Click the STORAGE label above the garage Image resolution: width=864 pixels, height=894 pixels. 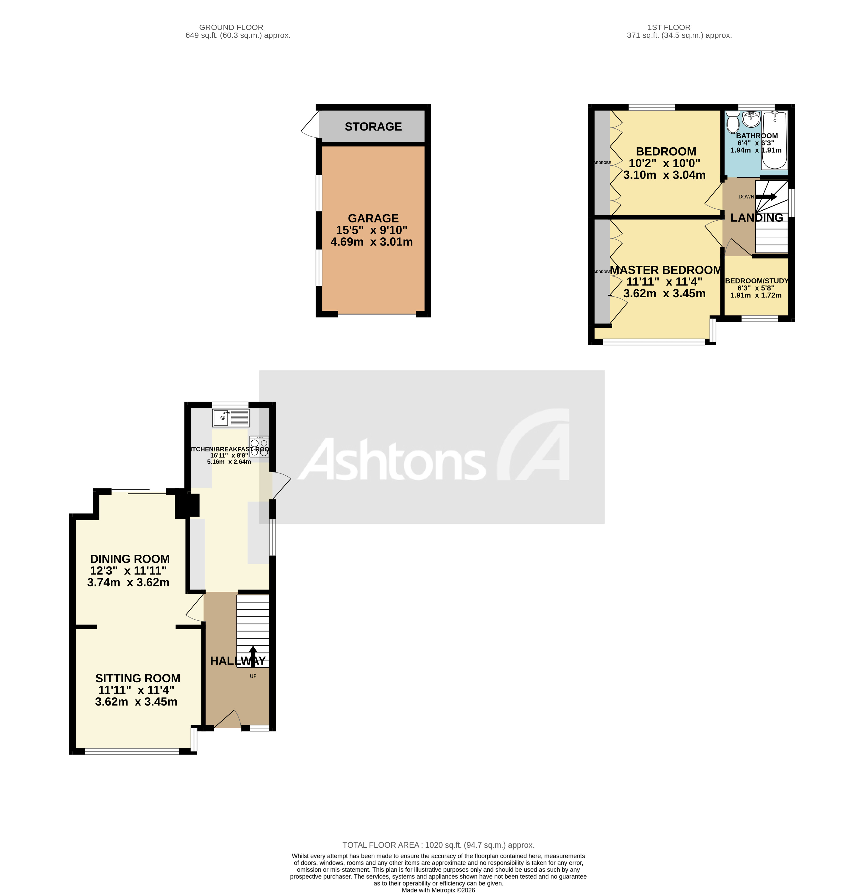click(x=373, y=127)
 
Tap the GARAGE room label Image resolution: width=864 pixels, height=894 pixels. click(x=373, y=219)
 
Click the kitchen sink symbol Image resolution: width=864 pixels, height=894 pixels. click(x=230, y=417)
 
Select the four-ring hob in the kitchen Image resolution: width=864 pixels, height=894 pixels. click(x=259, y=446)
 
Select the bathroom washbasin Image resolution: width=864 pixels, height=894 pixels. click(x=751, y=119)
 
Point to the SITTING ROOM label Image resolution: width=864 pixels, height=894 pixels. click(x=137, y=678)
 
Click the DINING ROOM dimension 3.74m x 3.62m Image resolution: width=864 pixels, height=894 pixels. click(x=128, y=583)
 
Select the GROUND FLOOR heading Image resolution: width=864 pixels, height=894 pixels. click(x=231, y=27)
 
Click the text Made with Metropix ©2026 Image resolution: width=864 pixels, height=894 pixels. click(x=438, y=890)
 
